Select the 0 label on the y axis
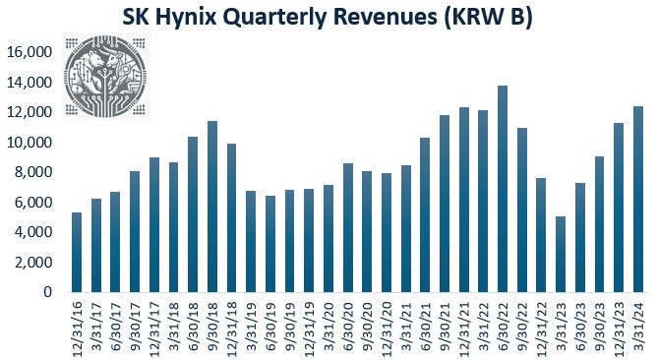click(47, 292)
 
